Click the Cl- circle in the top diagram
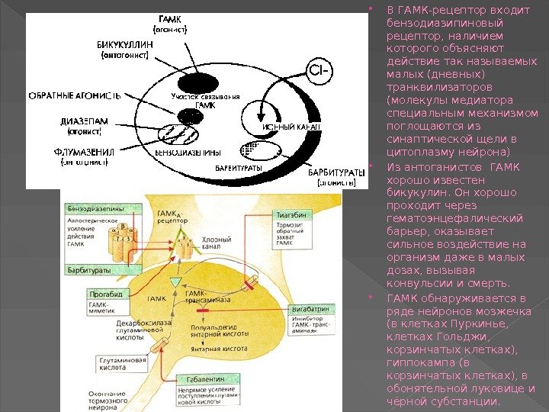click(x=318, y=72)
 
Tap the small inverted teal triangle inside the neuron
click(x=175, y=282)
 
